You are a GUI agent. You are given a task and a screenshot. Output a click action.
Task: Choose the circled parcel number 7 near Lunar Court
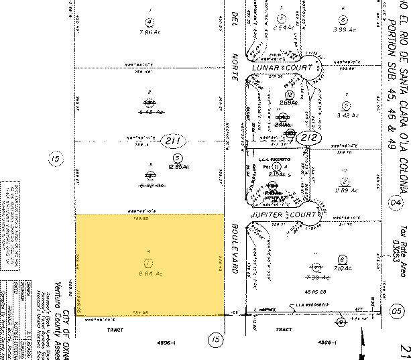pyautogui.click(x=284, y=18)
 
